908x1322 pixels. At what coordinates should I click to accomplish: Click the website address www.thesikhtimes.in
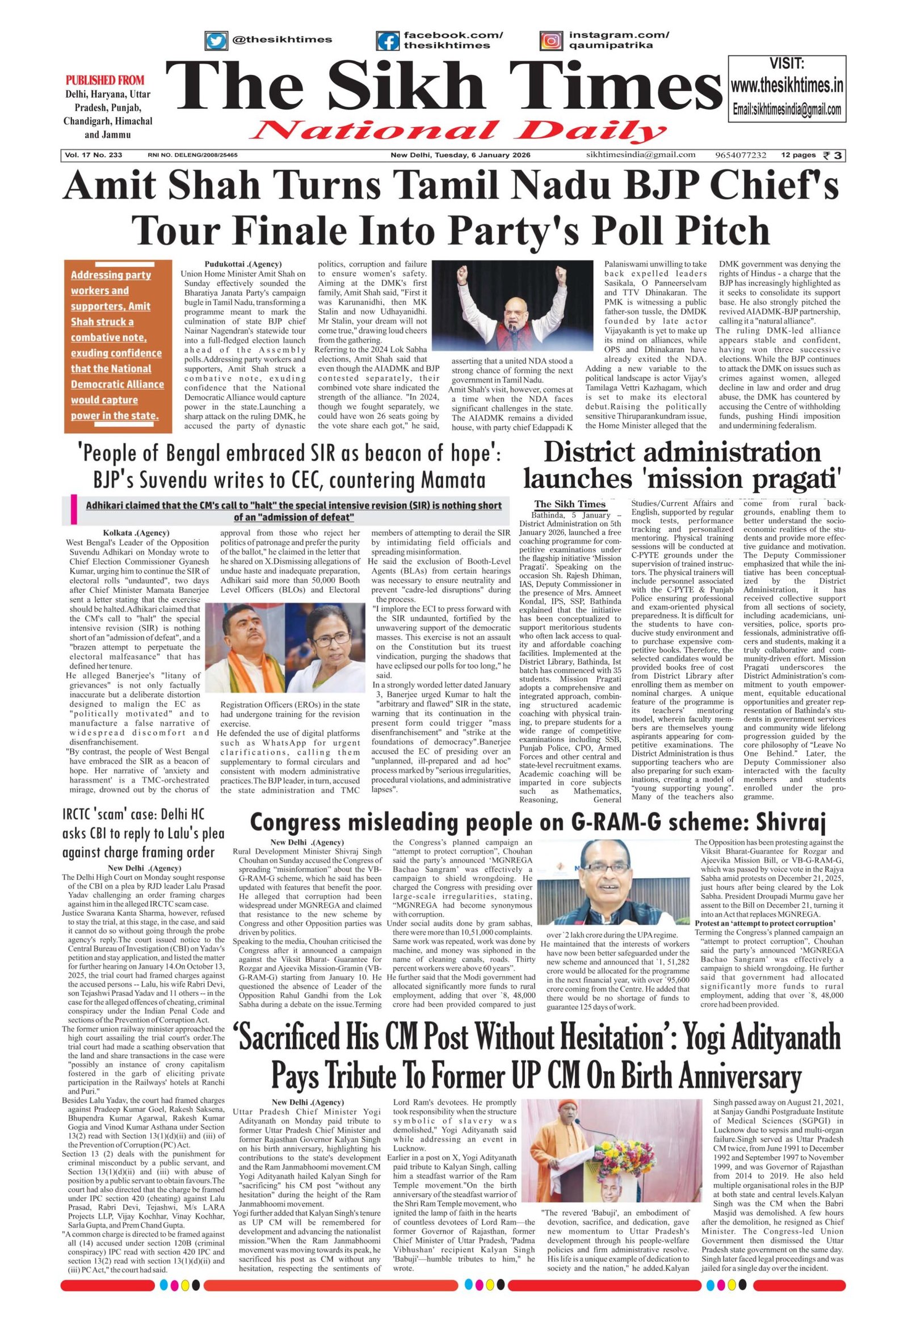click(x=786, y=86)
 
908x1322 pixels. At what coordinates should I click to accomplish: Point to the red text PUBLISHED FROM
click(x=104, y=79)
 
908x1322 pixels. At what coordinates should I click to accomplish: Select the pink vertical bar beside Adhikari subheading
click(x=73, y=510)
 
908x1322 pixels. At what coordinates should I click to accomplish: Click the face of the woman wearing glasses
click(x=323, y=643)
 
